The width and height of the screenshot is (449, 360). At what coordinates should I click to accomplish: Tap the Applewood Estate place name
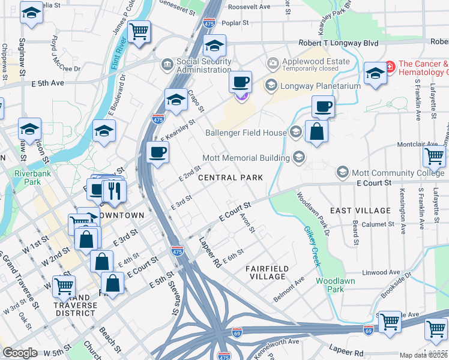coord(307,62)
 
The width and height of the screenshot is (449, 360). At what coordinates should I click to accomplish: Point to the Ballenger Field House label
coord(247,132)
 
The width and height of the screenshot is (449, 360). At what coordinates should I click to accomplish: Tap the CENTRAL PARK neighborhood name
coord(231,178)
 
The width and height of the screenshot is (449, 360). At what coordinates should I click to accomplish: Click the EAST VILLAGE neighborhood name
coord(360,211)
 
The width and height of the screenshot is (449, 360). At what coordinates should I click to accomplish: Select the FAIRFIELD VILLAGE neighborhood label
coord(268,272)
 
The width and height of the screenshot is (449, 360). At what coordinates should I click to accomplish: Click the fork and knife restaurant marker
coord(113,191)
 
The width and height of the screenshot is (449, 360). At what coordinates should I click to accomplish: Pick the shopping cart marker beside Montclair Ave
coord(434,157)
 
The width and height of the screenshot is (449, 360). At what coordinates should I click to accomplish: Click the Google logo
coord(20,353)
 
